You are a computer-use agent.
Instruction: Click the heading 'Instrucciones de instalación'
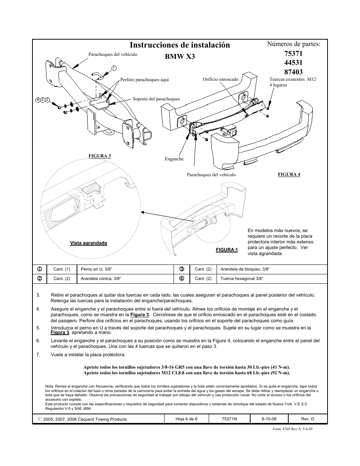180,45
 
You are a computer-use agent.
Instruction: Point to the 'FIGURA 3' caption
100,156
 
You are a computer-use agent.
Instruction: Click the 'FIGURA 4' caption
289,174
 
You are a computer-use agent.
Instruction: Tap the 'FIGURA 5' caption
227,250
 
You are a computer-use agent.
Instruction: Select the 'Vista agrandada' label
89,243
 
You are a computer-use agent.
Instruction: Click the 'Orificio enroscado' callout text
220,79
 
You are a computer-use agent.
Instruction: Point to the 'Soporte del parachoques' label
156,99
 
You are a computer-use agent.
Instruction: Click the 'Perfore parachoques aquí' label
145,80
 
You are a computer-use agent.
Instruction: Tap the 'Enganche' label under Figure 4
174,159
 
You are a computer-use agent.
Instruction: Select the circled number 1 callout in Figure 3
114,68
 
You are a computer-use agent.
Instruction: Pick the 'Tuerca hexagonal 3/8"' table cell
242,279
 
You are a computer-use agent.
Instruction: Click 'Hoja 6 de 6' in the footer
186,419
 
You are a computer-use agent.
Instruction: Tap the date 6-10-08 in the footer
269,419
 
